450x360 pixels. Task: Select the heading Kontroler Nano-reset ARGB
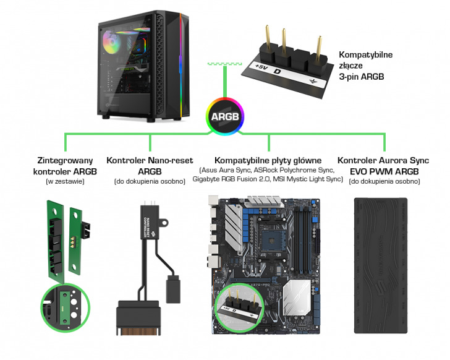pos(145,165)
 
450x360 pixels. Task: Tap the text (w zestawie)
pos(65,181)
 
